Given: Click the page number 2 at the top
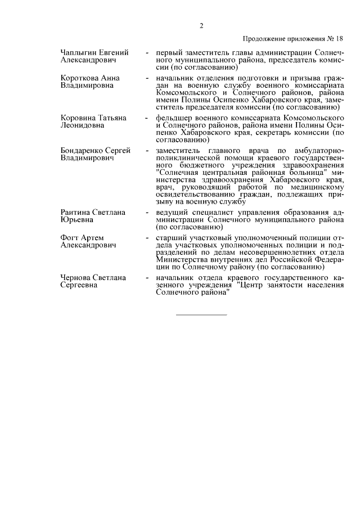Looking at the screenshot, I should (201, 25).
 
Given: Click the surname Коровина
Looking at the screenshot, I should (76, 118).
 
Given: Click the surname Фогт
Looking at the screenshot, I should (70, 238).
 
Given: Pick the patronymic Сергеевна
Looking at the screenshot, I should (79, 286).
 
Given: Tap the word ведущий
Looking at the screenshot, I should (171, 213).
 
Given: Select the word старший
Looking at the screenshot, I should (170, 238).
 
